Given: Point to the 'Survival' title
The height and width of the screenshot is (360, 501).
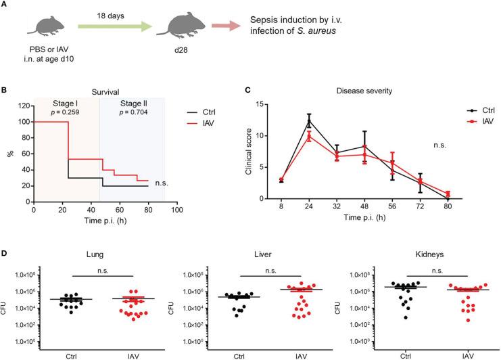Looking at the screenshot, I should point(99,88).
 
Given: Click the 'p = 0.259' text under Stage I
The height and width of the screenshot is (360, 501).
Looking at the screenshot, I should point(66,110).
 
